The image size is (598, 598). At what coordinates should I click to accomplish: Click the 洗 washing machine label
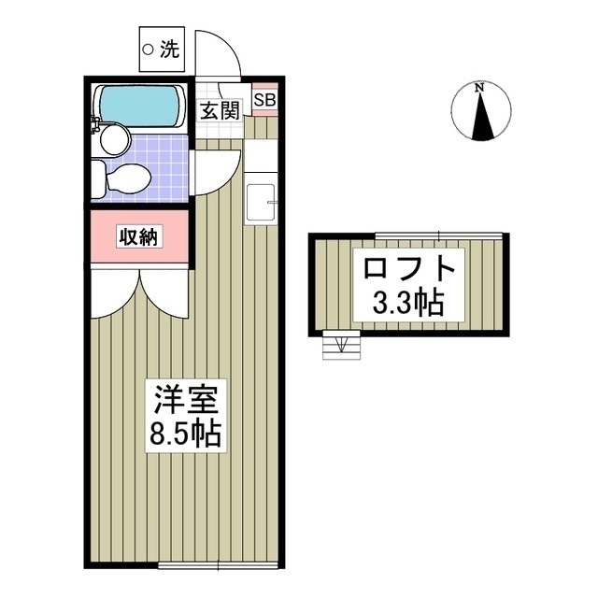coord(168,51)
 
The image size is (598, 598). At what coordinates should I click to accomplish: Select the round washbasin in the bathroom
coord(115,141)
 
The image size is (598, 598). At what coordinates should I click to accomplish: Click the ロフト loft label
coord(409,269)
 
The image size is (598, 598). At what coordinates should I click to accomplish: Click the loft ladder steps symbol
coord(338,347)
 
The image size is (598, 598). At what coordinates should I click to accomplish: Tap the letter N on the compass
coord(479,89)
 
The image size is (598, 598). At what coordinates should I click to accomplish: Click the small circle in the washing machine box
coord(148,50)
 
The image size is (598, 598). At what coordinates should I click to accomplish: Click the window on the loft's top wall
coord(440,234)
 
